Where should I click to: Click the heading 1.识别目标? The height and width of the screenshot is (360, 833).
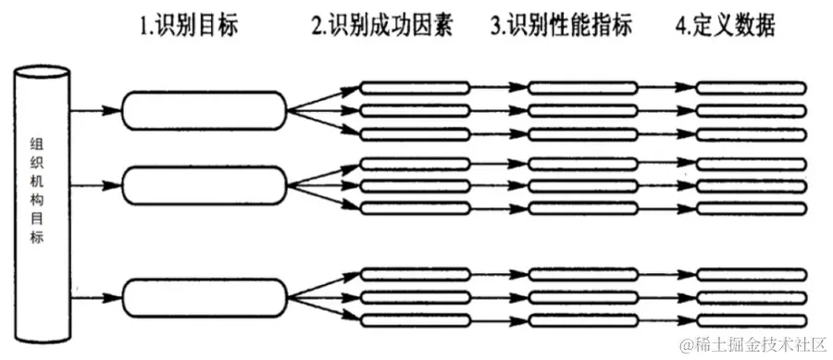pyautogui.click(x=188, y=26)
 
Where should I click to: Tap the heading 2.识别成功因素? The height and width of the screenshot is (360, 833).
pyautogui.click(x=387, y=26)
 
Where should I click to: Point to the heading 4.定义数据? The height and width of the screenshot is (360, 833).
pyautogui.click(x=725, y=26)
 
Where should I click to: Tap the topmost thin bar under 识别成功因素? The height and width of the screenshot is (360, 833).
pyautogui.click(x=415, y=89)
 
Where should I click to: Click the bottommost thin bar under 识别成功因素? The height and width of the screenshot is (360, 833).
pyautogui.click(x=415, y=320)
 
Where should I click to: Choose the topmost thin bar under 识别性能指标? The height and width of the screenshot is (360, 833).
pyautogui.click(x=583, y=89)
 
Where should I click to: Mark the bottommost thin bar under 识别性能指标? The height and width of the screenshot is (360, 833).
pyautogui.click(x=583, y=320)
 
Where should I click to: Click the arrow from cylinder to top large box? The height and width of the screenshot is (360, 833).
pyautogui.click(x=93, y=110)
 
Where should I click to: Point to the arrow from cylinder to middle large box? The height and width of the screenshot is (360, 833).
pyautogui.click(x=93, y=184)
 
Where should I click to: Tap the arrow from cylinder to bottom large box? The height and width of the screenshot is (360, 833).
pyautogui.click(x=93, y=297)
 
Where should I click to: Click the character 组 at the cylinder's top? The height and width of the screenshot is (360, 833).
pyautogui.click(x=38, y=146)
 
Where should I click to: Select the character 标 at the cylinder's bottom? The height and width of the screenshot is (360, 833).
pyautogui.click(x=38, y=238)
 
